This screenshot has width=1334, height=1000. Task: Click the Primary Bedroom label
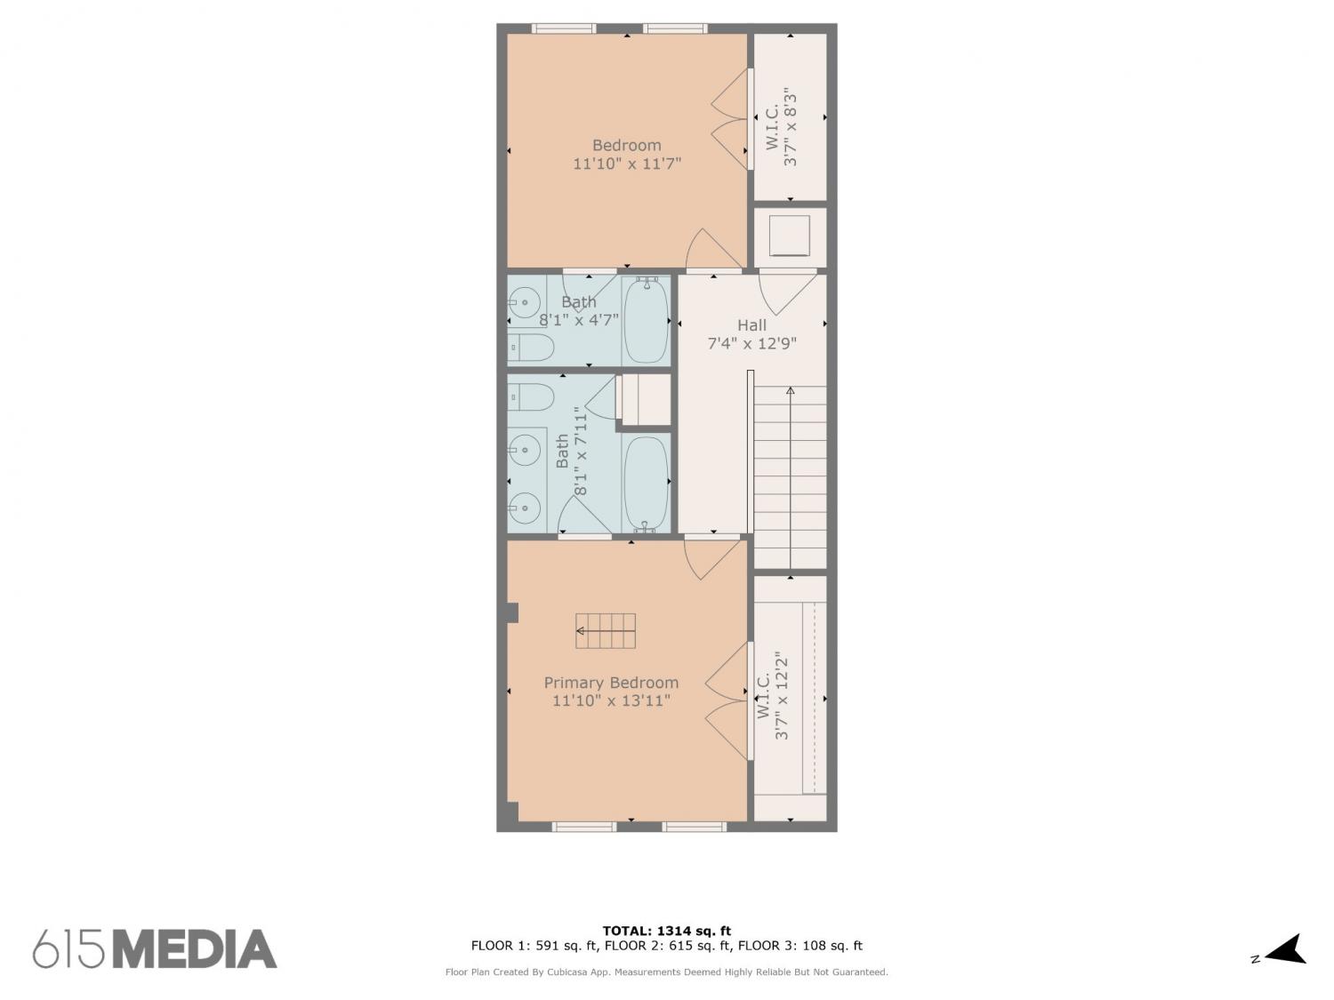(x=611, y=683)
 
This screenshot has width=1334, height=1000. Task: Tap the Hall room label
(x=751, y=324)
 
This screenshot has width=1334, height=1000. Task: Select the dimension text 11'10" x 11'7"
(x=627, y=164)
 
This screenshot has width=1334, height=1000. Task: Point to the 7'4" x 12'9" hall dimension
(x=751, y=344)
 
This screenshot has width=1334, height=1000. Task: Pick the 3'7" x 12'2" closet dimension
(x=782, y=699)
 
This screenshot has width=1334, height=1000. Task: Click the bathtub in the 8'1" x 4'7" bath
(x=646, y=320)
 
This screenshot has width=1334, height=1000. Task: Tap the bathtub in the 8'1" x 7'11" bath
(x=646, y=482)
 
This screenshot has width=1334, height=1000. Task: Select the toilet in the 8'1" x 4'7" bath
(x=531, y=348)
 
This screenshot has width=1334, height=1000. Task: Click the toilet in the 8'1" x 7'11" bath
(x=531, y=397)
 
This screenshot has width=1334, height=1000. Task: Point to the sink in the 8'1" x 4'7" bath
(x=524, y=301)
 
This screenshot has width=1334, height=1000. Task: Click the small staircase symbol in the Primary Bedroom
(x=606, y=631)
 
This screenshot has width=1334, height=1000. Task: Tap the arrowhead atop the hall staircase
(x=790, y=390)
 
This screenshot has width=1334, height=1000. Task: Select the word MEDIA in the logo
(x=195, y=949)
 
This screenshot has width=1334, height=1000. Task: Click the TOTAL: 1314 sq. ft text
(x=667, y=931)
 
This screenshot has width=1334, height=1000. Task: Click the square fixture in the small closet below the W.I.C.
(x=790, y=236)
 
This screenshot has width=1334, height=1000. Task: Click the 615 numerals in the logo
(x=68, y=949)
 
